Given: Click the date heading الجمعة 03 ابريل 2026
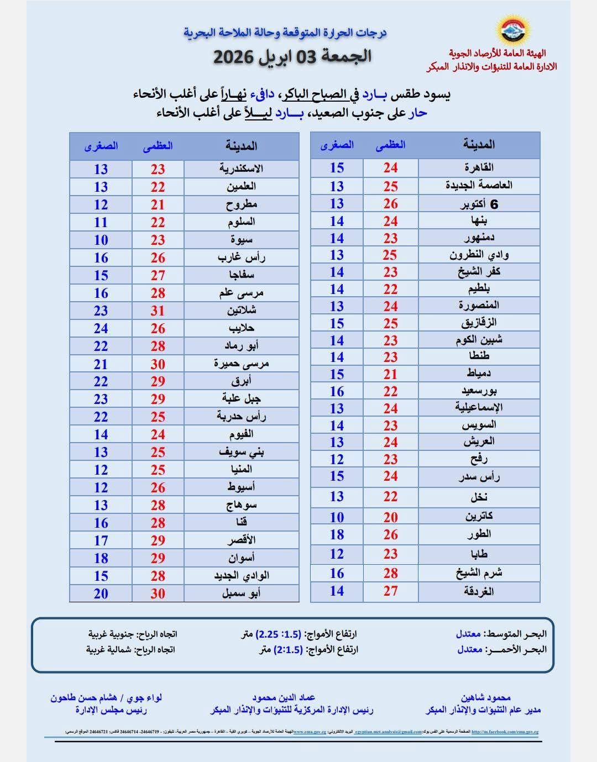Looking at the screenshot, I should coord(292,56).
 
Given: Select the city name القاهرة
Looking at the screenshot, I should coord(479,167).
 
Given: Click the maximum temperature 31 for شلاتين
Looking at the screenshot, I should coord(158,311).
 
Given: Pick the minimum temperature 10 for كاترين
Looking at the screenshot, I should coord(337,517).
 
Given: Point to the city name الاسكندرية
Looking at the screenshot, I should coord(241,169).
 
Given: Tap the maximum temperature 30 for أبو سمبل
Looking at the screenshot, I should coord(158,593).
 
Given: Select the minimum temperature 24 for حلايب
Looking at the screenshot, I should coord(101,328).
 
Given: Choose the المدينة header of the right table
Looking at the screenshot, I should coord(479,145).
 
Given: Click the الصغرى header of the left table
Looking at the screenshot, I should coord(101,146).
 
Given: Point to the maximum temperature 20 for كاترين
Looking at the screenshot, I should coord(390,517).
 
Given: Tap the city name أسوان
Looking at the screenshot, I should coord(241,558).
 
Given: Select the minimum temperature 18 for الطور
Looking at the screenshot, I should coord(337,534).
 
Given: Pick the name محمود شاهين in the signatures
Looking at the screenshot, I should coord(485,698).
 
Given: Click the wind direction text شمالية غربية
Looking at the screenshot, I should coord(108,649).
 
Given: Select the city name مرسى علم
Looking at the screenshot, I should coord(241,293).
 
